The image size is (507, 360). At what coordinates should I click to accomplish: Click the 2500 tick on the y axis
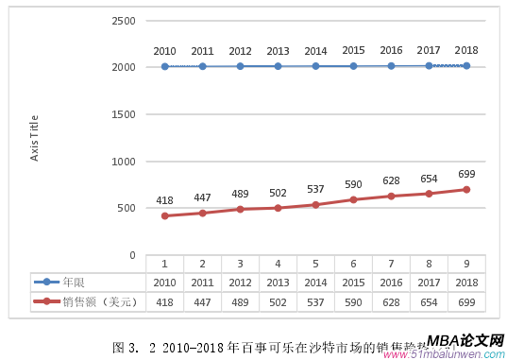point(123,20)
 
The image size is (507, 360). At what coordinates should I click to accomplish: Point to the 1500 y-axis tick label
point(123,114)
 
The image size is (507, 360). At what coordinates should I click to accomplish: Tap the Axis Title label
point(35,137)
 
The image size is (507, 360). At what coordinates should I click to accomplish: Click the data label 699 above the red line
point(466,174)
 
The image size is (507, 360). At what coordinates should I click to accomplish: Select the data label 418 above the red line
point(164,201)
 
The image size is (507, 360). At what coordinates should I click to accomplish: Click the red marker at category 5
point(315,204)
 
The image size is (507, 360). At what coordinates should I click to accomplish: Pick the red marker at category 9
point(466,189)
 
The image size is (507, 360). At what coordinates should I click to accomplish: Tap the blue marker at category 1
point(164,66)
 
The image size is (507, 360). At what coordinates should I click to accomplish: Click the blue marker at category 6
point(353,66)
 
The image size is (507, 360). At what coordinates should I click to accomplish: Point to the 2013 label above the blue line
point(278,51)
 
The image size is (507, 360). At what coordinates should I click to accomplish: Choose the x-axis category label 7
point(391,265)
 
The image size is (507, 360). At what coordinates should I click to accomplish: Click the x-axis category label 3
point(240,265)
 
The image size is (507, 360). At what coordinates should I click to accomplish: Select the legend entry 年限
point(73,282)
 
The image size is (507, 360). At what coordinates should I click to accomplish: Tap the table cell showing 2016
point(391,282)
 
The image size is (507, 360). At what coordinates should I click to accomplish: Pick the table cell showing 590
point(353,301)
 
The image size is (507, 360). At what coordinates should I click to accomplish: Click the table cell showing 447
point(202,301)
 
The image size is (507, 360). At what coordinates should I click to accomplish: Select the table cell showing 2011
point(202,282)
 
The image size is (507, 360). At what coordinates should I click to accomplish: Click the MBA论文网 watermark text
point(465,341)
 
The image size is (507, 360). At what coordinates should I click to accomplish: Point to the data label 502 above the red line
point(278,193)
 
